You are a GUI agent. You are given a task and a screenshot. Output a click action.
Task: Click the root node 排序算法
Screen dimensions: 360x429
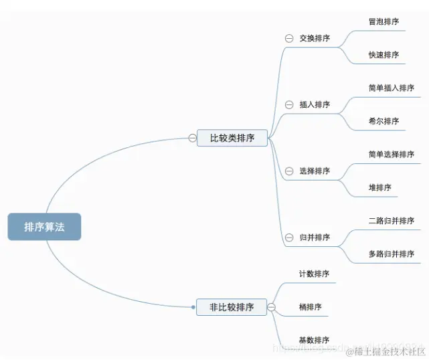(x=44, y=227)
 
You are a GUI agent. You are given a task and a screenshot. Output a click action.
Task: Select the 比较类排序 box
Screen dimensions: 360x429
(x=232, y=139)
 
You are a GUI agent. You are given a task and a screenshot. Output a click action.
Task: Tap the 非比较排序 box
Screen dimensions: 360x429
(x=232, y=307)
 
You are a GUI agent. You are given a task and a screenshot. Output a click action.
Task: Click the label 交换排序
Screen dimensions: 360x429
(x=315, y=38)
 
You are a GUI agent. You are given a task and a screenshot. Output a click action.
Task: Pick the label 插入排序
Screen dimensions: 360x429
(x=315, y=104)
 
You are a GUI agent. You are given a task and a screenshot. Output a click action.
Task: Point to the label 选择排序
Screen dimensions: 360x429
(x=315, y=171)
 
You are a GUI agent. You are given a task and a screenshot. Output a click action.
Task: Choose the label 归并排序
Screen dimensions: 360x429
(x=315, y=238)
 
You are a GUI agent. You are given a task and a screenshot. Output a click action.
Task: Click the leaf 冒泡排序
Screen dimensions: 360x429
(x=383, y=22)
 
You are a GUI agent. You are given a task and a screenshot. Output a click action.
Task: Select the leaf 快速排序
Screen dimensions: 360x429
(x=383, y=55)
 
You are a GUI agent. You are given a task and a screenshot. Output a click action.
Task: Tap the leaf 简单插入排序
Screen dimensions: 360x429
(x=392, y=88)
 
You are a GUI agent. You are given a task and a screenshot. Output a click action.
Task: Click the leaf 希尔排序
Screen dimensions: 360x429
(x=383, y=121)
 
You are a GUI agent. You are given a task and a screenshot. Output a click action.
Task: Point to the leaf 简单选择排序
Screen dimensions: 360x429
(x=392, y=155)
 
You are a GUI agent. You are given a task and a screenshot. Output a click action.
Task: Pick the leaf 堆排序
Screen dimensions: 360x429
(x=379, y=187)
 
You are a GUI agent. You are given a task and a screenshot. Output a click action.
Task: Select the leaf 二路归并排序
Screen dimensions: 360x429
(x=392, y=221)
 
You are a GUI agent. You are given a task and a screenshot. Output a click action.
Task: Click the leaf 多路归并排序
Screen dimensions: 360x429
(x=392, y=254)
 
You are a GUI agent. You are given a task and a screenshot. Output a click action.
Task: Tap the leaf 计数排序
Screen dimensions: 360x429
(x=314, y=274)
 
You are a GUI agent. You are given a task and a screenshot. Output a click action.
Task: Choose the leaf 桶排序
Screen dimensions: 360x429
(x=310, y=307)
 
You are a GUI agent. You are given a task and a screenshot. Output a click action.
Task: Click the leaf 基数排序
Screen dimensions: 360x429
(x=314, y=340)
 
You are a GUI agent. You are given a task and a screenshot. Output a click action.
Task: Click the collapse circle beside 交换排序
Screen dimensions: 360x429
(x=289, y=39)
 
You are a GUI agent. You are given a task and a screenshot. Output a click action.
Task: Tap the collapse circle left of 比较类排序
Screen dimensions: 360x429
(x=192, y=139)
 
